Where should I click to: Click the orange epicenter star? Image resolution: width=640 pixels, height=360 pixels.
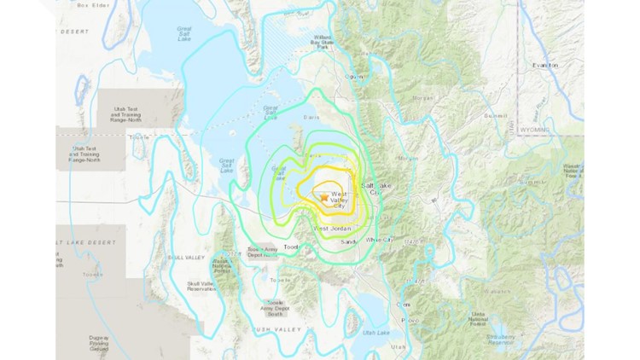pyautogui.click(x=322, y=198)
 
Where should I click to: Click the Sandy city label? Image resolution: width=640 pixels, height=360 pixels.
pyautogui.click(x=348, y=242)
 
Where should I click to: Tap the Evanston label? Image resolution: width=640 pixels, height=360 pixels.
pyautogui.click(x=544, y=65)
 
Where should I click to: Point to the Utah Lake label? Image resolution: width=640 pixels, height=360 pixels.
pyautogui.click(x=376, y=332)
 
